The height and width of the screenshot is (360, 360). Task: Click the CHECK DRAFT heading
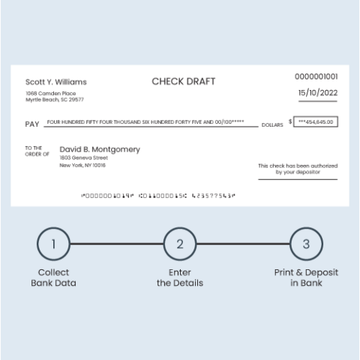tap(179, 81)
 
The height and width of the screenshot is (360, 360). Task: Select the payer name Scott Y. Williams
tap(55, 82)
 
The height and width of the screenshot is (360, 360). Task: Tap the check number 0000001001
tap(316, 76)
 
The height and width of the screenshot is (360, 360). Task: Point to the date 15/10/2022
tap(317, 93)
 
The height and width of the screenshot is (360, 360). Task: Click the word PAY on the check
tap(32, 123)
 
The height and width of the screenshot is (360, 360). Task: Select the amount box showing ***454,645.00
tap(316, 121)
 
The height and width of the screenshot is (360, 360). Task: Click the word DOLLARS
tap(272, 124)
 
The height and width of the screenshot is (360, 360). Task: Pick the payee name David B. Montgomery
tap(100, 149)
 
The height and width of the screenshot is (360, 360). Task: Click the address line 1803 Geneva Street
tap(84, 158)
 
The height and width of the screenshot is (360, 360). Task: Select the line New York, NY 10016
tap(82, 166)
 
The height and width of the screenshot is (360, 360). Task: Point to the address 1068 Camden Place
tap(49, 93)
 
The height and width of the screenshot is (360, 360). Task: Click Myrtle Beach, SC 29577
tap(55, 100)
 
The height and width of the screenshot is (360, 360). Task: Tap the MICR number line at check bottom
tap(157, 195)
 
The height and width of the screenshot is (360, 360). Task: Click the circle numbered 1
tap(53, 244)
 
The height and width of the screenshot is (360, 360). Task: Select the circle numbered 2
tap(180, 244)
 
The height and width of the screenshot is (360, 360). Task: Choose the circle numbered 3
tap(306, 244)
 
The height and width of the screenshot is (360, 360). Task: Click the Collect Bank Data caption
tap(53, 277)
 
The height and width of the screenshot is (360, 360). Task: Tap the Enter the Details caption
tap(180, 277)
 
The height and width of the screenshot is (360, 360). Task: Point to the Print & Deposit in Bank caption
tap(306, 277)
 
